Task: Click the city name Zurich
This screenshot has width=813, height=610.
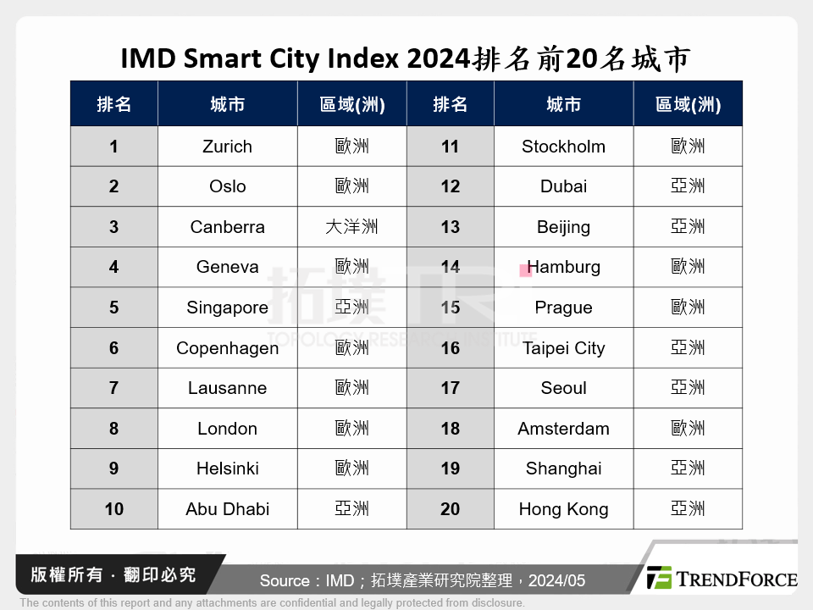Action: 227,147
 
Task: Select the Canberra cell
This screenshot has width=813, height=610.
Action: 227,227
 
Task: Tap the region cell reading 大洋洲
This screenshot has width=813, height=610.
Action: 351,227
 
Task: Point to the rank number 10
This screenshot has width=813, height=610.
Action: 113,509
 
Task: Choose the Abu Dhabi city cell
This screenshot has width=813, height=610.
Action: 227,509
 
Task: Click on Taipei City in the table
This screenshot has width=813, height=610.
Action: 563,348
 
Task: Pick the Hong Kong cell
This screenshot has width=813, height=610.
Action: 563,509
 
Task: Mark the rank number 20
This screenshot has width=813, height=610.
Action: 450,509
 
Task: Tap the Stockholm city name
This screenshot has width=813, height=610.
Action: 563,147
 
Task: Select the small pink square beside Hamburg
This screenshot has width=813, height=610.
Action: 526,270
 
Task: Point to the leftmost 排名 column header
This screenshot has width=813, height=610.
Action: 113,104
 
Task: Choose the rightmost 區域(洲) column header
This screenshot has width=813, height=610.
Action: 688,104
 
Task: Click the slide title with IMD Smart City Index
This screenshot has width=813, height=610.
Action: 406,59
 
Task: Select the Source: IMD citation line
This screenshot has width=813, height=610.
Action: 422,580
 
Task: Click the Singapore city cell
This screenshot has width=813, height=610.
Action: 227,308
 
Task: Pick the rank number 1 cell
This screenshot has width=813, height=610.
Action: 113,147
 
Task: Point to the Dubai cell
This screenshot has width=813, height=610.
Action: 563,186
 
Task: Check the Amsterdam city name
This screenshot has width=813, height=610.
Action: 563,429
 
